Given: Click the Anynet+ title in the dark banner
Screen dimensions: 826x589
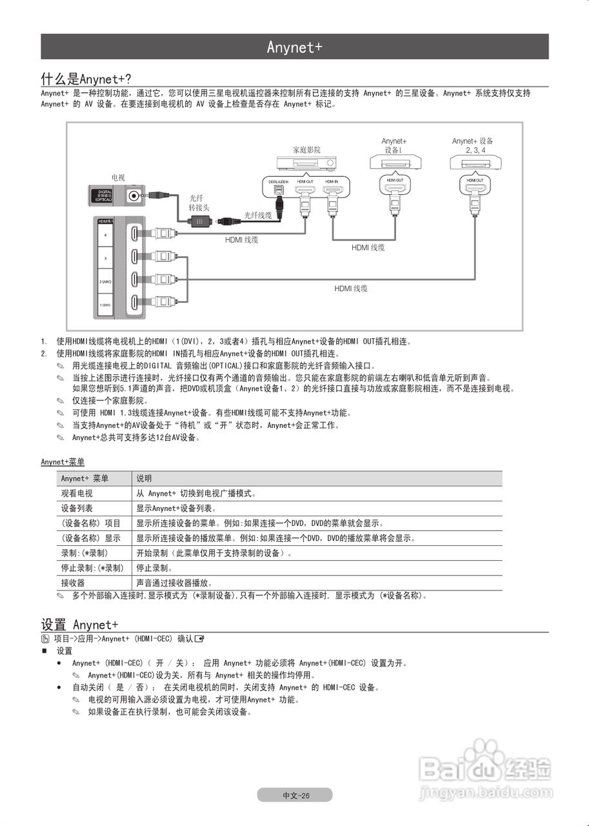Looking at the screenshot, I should [x=294, y=47].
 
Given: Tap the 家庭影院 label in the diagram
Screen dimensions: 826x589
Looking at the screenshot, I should [x=306, y=150].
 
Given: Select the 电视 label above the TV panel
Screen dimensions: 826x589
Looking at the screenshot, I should [x=118, y=177].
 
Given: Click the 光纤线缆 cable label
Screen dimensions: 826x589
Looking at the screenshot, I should [x=258, y=215].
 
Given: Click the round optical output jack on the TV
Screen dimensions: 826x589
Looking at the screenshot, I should [x=134, y=195].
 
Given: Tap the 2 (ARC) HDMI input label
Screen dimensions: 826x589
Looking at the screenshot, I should [x=105, y=282].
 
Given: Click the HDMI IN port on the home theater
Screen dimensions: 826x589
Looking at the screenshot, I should [x=332, y=190].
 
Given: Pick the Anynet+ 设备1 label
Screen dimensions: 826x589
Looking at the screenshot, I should [x=394, y=145].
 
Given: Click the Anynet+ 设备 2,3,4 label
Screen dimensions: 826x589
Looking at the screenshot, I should [x=473, y=145].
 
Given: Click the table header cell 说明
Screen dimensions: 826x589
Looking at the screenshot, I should [x=144, y=479].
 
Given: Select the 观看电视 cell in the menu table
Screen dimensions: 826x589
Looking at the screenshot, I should [x=77, y=494].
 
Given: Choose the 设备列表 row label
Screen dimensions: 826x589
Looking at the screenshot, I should [x=77, y=509].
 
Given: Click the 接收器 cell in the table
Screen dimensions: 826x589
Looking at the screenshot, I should [x=73, y=583].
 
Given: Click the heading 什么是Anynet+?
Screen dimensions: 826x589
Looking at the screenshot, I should [x=86, y=79].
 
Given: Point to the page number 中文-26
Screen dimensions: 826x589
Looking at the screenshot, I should [x=295, y=795].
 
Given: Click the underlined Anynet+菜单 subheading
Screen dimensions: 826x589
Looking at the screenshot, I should [x=63, y=462].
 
